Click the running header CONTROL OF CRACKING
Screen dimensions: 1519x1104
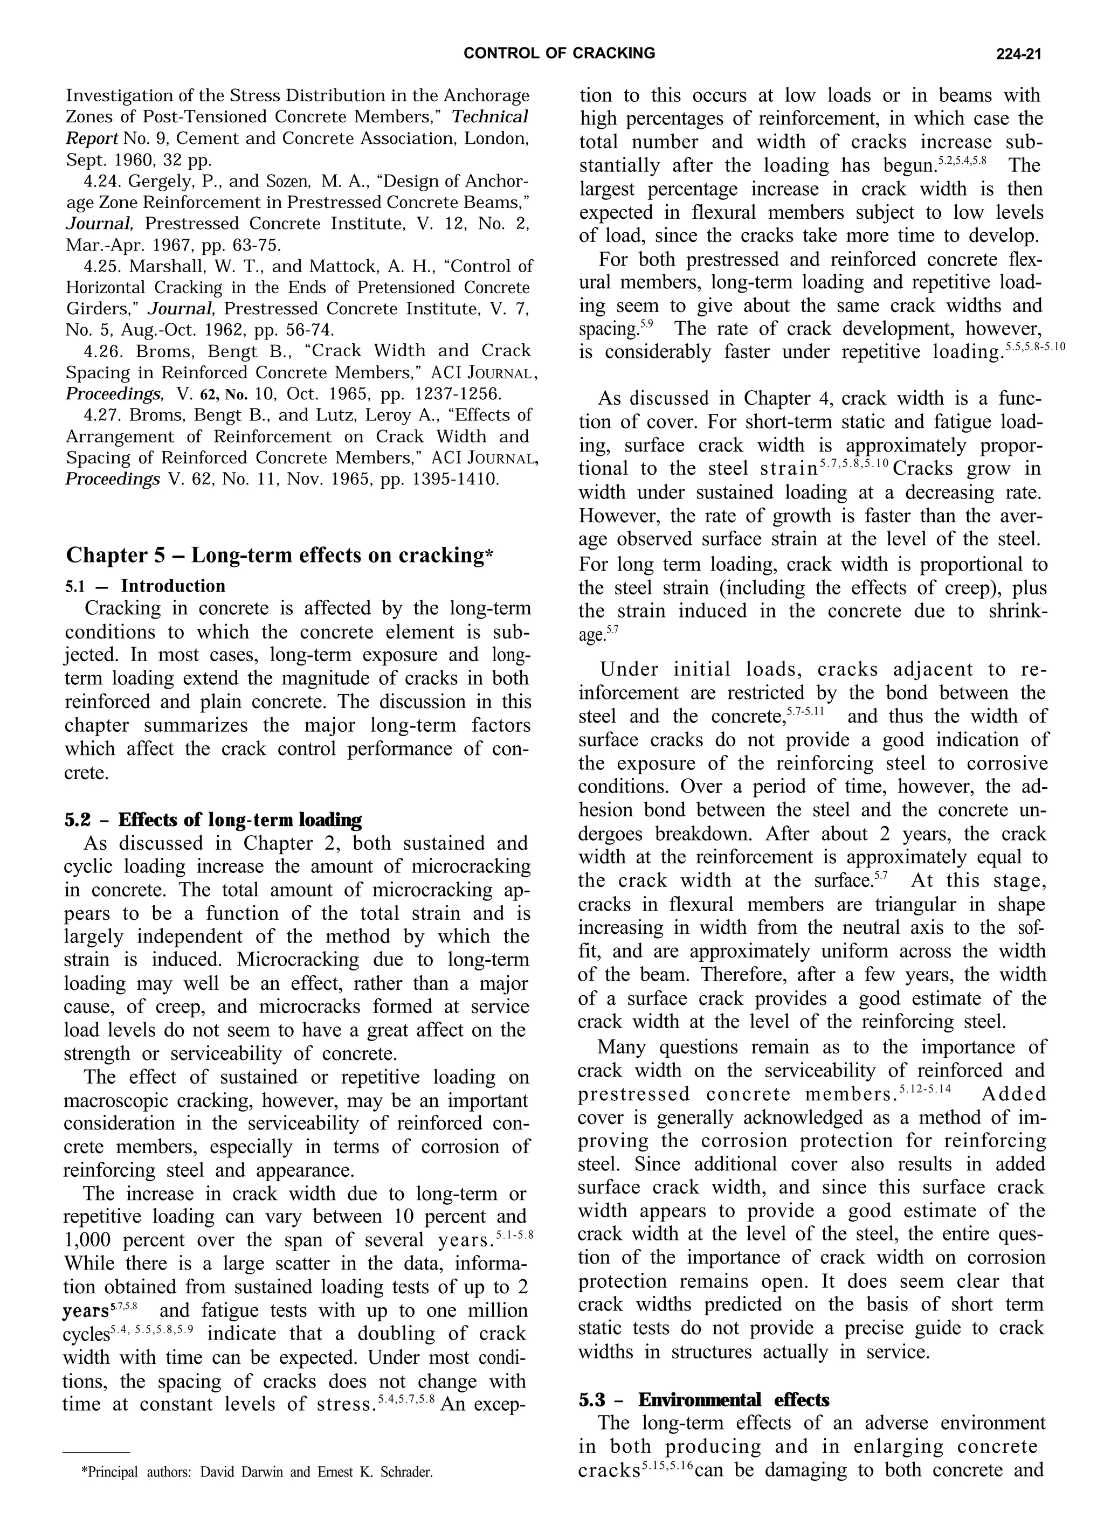560,53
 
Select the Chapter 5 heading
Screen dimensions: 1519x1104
279,555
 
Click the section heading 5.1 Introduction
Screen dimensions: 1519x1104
146,586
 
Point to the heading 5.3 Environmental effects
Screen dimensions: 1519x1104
703,1400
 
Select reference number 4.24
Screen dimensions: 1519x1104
102,182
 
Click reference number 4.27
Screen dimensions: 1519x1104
102,415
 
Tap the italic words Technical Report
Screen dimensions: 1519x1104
295,127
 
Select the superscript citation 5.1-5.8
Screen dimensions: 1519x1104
514,1234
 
